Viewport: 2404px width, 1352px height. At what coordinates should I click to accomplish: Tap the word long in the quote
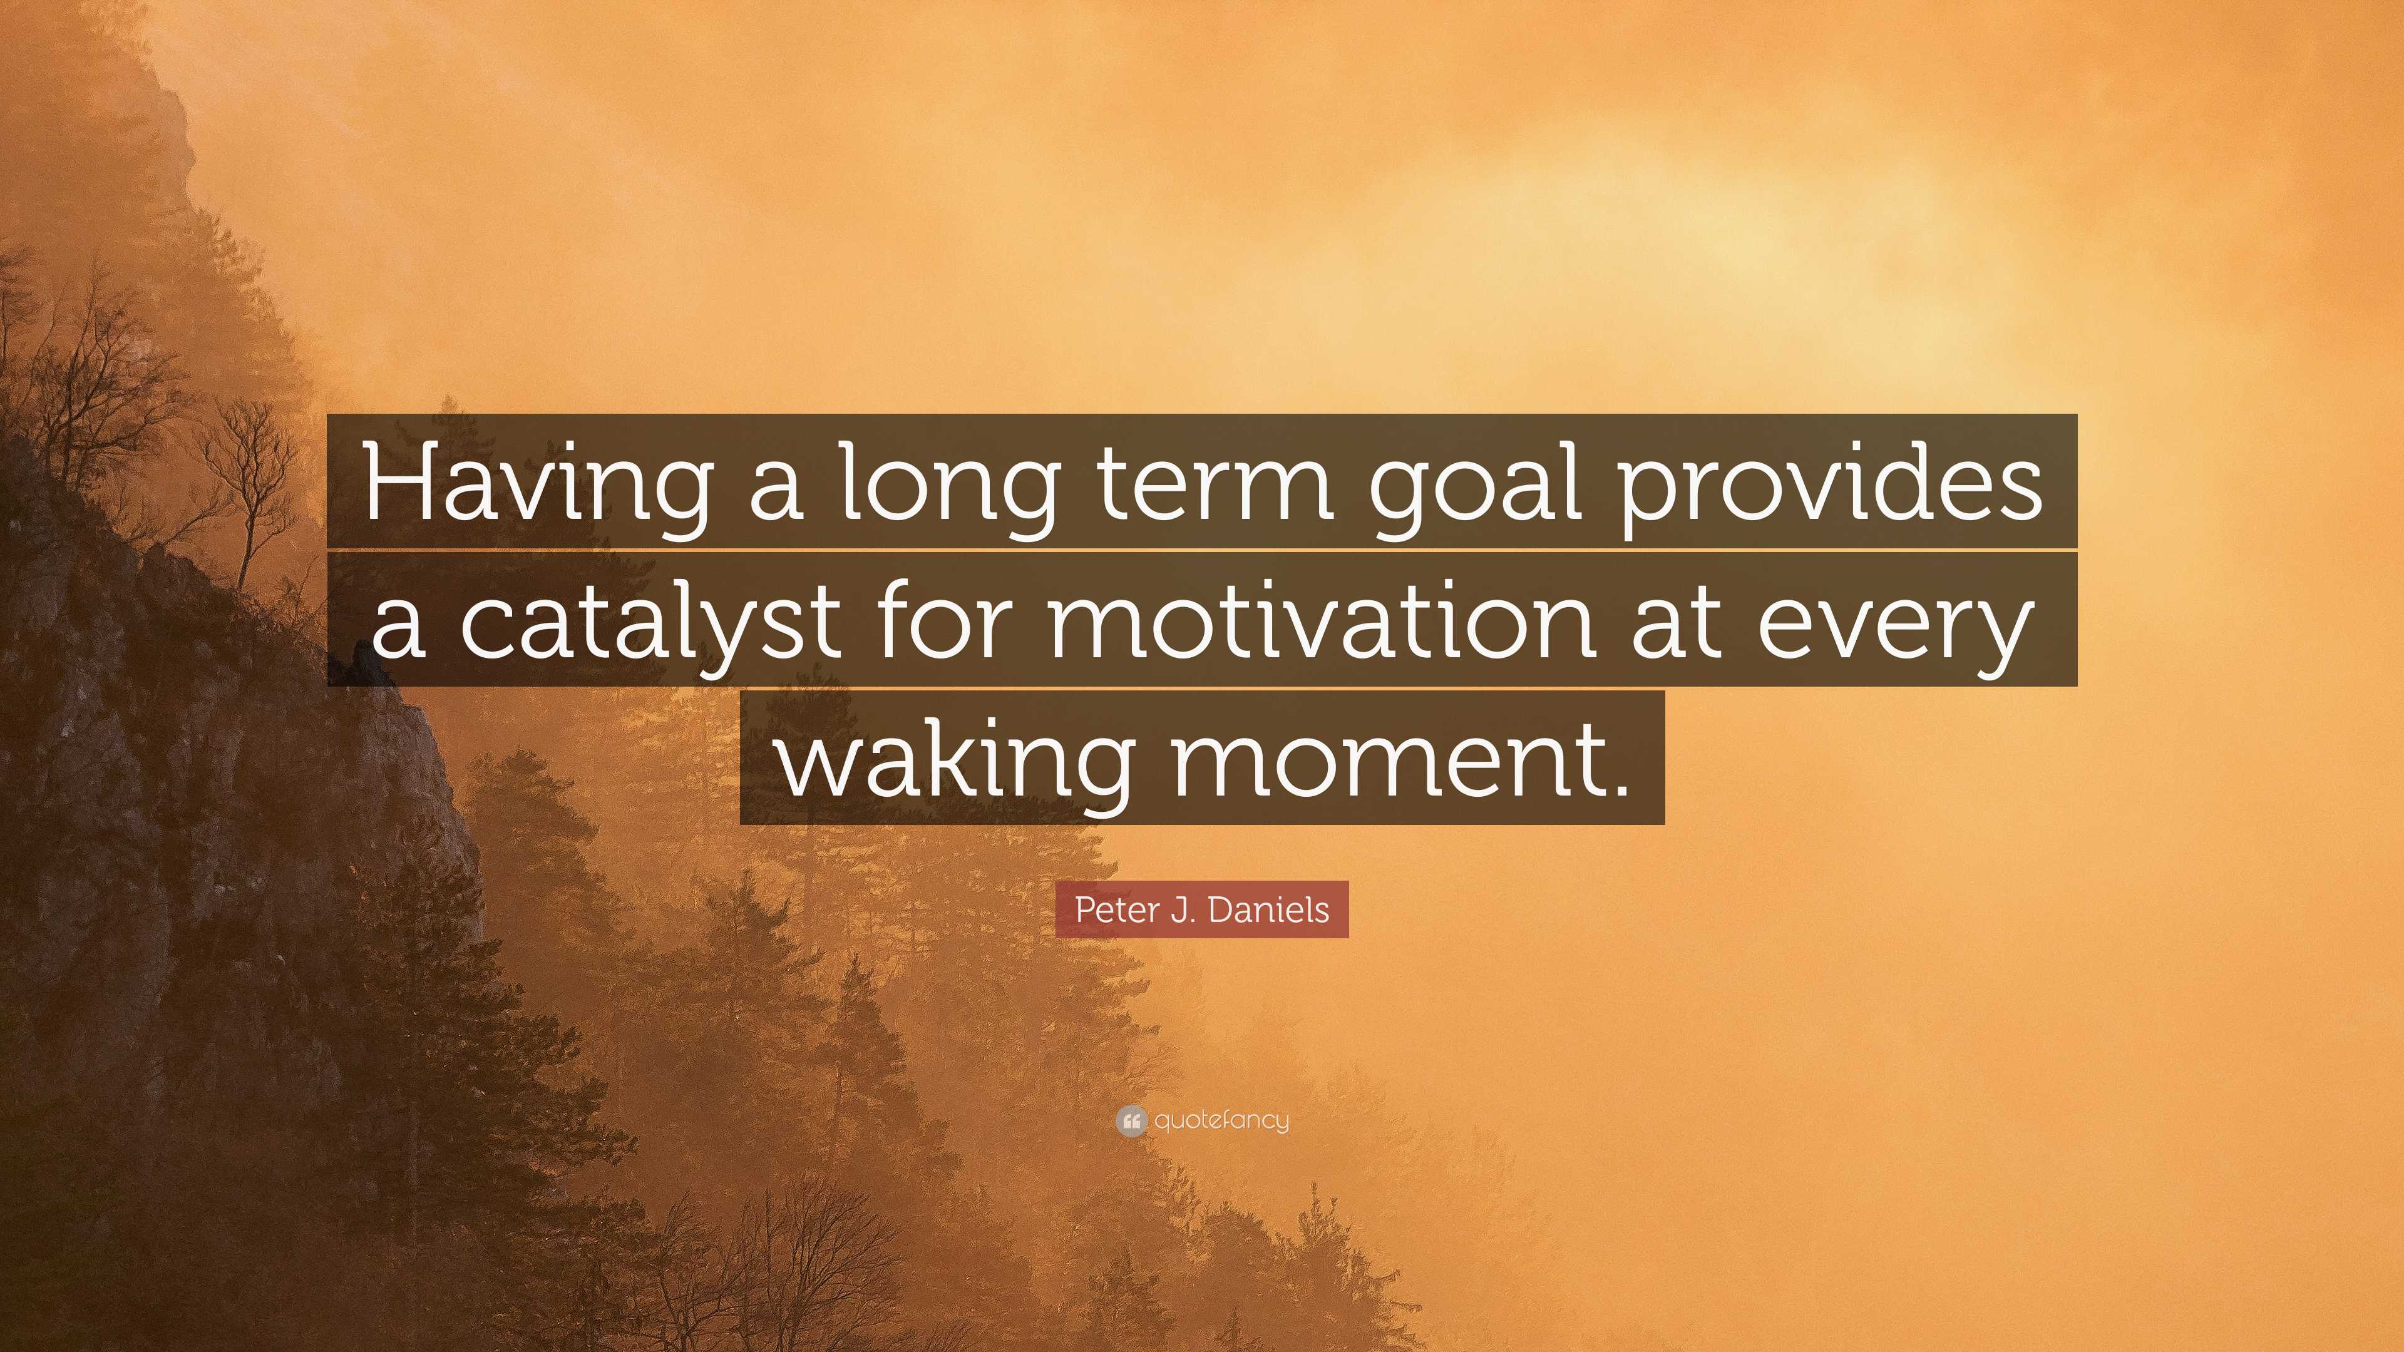point(947,485)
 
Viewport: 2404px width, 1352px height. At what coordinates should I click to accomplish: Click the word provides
point(1831,485)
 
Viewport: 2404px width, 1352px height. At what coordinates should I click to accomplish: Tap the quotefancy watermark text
point(1221,1120)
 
